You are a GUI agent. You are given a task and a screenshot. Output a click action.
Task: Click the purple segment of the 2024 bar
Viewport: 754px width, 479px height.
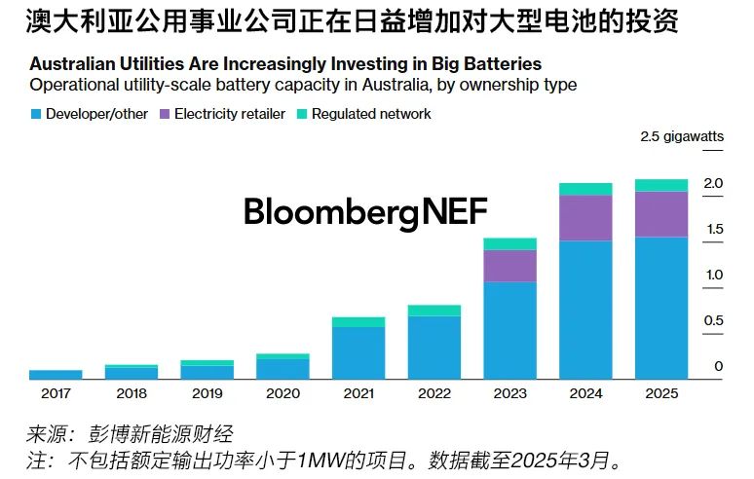tap(585, 218)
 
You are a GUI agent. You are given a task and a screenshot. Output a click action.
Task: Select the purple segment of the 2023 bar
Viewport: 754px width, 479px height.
tap(509, 266)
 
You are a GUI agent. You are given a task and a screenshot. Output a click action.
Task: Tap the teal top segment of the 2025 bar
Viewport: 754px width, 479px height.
tap(660, 185)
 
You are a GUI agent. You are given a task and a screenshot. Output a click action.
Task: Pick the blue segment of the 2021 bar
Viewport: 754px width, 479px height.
tap(358, 351)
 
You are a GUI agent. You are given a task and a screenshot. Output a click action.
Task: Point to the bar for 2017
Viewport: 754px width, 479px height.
tap(56, 374)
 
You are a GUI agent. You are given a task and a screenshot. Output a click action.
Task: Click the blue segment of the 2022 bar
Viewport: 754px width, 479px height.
tap(434, 347)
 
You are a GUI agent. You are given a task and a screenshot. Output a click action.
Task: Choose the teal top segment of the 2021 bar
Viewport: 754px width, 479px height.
tap(358, 321)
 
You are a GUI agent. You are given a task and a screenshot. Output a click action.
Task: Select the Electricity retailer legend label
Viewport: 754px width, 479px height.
tap(230, 114)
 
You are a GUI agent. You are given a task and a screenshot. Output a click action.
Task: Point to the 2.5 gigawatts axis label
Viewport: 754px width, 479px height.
tap(682, 137)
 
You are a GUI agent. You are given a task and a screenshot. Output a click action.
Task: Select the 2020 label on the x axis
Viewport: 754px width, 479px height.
tap(283, 394)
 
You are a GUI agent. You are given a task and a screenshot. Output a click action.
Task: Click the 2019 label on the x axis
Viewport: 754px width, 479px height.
tap(207, 394)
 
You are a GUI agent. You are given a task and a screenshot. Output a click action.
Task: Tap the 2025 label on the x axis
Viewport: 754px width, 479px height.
tap(660, 394)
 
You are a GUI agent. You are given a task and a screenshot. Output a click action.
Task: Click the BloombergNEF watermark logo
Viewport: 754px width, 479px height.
tap(365, 211)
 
